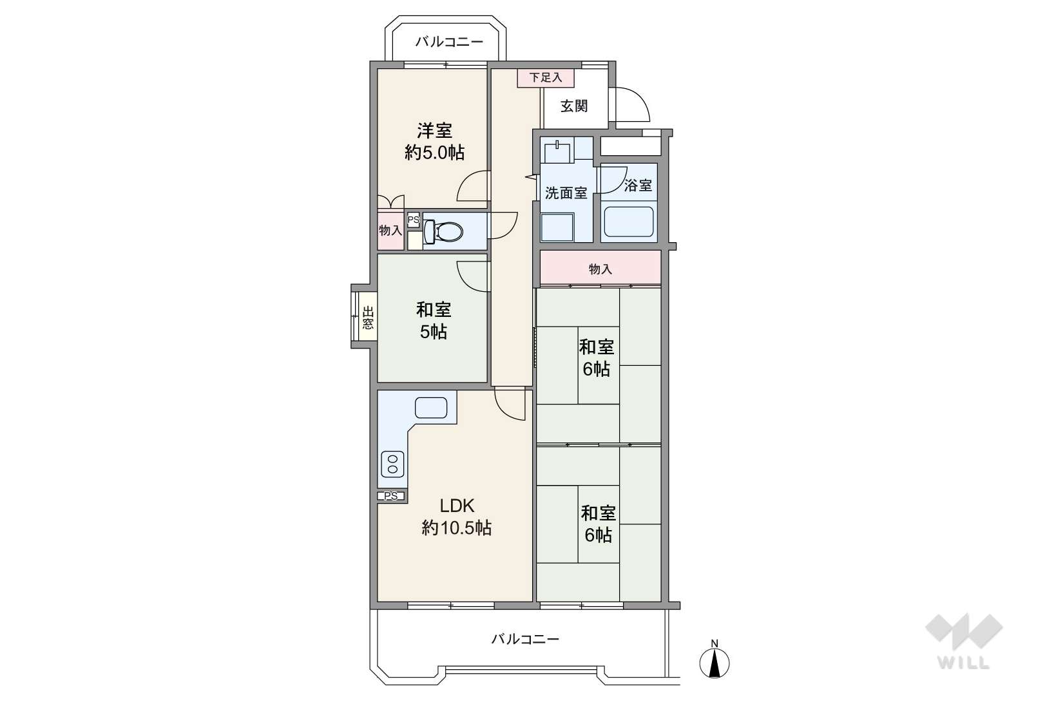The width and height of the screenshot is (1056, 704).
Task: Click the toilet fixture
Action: [443, 231]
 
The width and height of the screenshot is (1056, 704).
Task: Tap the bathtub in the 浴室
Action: [629, 222]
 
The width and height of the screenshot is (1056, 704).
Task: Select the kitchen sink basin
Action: [431, 408]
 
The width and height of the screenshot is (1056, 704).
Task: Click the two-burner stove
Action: [392, 464]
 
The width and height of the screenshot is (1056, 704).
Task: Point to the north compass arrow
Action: [715, 663]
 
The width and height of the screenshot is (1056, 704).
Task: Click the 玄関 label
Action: [574, 106]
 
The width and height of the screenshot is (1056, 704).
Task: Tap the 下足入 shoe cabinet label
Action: [546, 77]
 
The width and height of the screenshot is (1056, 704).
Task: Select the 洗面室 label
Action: [566, 193]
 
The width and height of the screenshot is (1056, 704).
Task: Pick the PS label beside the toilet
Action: [413, 220]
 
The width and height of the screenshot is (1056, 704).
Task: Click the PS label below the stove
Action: [390, 496]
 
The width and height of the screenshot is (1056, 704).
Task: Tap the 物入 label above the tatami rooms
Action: [600, 269]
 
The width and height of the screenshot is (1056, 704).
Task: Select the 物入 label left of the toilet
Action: [390, 231]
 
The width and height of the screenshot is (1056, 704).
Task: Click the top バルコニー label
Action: [449, 42]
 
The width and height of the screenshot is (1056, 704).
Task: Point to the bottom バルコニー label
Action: [525, 639]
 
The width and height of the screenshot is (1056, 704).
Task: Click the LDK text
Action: [456, 506]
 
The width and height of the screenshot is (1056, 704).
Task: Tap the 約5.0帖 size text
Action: [434, 152]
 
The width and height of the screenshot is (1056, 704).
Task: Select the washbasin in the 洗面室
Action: [558, 152]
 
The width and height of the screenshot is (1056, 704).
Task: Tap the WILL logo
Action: [964, 642]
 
